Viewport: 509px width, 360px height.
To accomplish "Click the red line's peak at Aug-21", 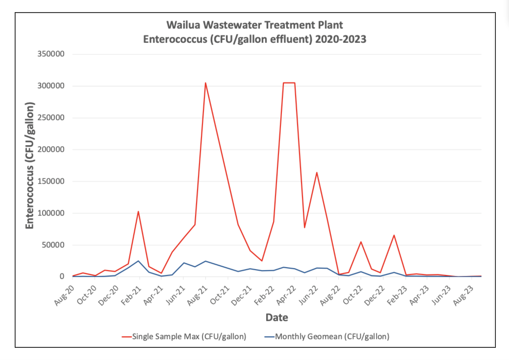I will tap(205, 83).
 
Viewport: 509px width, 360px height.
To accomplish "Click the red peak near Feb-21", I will tap(138, 212).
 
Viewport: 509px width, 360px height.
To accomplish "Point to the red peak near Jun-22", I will tap(317, 173).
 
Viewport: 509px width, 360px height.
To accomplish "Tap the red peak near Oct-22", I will tap(361, 242).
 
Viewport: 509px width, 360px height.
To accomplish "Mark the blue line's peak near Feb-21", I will tap(138, 261).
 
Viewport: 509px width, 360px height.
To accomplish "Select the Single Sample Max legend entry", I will tap(184, 337).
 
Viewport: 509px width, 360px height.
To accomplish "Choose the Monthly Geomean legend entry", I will tap(327, 337).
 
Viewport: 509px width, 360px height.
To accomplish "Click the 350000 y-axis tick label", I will tap(51, 54).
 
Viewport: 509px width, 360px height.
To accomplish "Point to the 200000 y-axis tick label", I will tap(51, 150).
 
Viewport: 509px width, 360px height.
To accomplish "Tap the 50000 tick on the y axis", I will tap(53, 245).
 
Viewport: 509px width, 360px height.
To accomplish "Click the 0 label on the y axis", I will tap(62, 277).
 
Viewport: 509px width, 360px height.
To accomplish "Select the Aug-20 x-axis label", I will tap(64, 295).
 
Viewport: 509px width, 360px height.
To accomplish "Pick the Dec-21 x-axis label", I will tap(242, 295).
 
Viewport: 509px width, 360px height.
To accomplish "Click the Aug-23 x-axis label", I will tap(463, 295).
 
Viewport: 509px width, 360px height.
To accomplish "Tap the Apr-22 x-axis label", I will tap(286, 295).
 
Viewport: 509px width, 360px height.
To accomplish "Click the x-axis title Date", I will tap(277, 318).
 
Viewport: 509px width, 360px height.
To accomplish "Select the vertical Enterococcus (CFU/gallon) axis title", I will tap(30, 165).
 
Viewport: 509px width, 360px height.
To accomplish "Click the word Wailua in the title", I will tap(183, 25).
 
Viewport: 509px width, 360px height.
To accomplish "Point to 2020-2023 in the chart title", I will tap(341, 39).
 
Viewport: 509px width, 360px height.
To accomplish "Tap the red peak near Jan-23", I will tap(394, 235).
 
